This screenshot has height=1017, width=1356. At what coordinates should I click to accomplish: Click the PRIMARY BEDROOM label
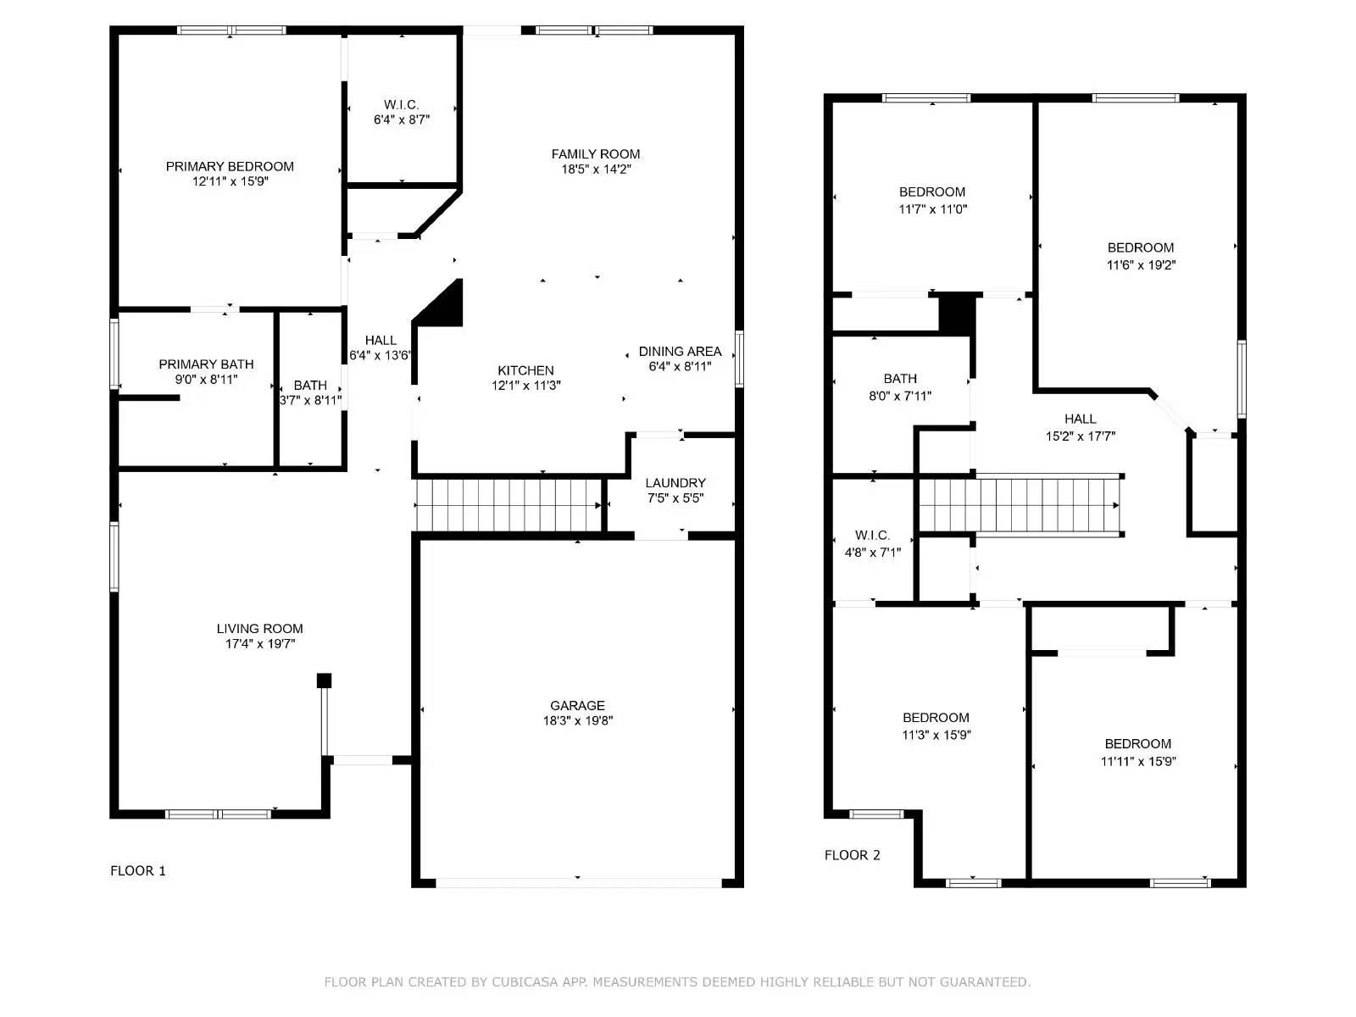click(230, 166)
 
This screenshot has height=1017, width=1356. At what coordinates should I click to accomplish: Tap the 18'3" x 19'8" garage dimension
click(578, 721)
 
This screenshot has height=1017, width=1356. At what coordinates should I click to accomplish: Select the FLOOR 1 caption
click(138, 870)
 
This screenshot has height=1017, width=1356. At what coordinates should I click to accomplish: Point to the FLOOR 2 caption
click(852, 855)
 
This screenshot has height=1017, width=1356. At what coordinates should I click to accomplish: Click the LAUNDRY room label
click(675, 483)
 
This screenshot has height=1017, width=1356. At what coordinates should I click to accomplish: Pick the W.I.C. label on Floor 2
click(872, 536)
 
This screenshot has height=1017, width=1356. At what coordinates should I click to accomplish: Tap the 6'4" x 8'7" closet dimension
click(402, 120)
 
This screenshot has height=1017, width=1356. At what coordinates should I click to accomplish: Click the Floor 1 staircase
click(508, 505)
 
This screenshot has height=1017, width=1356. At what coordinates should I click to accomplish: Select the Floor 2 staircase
click(1021, 505)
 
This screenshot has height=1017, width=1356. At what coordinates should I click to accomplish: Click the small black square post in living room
click(324, 681)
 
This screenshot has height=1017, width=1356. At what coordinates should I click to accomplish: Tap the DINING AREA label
click(680, 351)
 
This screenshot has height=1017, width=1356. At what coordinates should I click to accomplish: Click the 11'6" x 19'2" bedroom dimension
click(1141, 264)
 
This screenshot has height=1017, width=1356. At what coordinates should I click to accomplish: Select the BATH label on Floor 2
click(900, 379)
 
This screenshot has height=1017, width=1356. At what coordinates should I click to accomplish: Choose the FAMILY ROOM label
click(596, 153)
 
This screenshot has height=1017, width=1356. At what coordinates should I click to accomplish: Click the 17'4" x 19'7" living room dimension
click(259, 644)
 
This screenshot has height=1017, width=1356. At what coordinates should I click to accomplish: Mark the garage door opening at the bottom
click(578, 882)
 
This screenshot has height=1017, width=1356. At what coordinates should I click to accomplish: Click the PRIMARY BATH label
click(206, 364)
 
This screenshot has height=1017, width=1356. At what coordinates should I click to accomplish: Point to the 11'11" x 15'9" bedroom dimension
click(1137, 761)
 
